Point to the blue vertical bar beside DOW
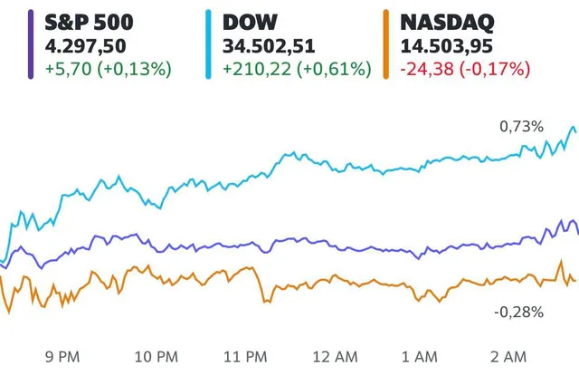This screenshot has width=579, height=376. pyautogui.click(x=207, y=43)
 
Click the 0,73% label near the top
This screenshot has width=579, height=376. pyautogui.click(x=523, y=127)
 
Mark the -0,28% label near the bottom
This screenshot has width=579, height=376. pyautogui.click(x=518, y=312)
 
